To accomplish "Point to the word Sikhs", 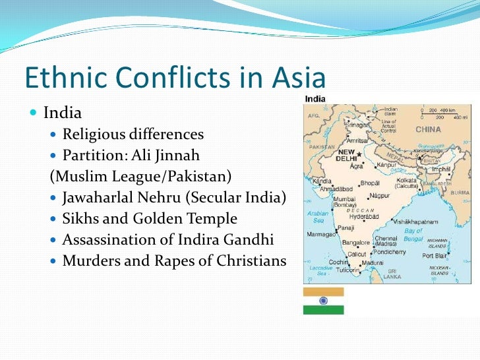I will pyautogui.click(x=81, y=218).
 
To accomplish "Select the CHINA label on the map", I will pyautogui.click(x=429, y=130).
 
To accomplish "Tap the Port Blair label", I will pyautogui.click(x=436, y=255).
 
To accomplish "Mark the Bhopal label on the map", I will pyautogui.click(x=370, y=182).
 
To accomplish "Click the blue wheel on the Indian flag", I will pyautogui.click(x=323, y=300).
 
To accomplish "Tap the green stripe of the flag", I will pyautogui.click(x=323, y=310).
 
